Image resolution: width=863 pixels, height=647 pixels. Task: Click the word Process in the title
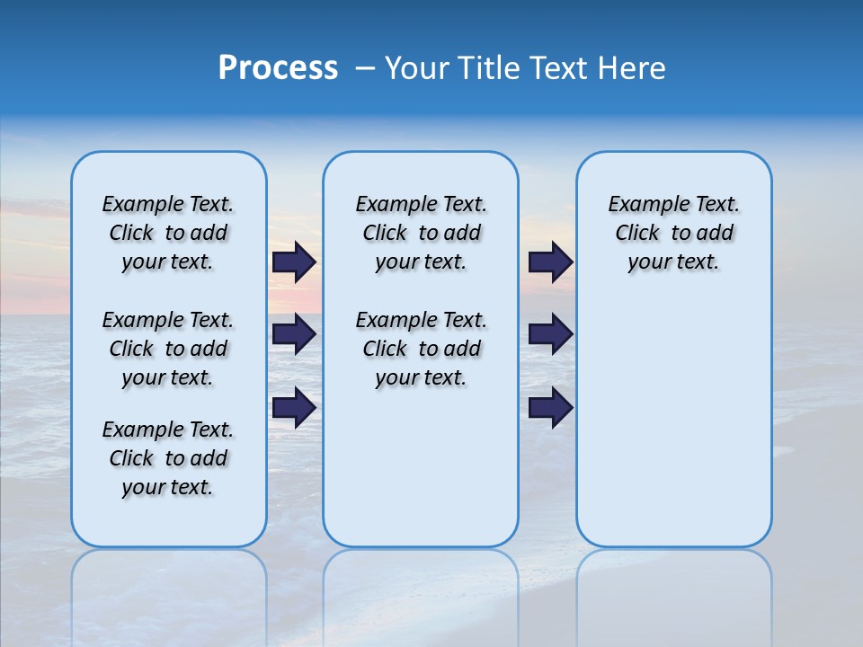click(x=278, y=68)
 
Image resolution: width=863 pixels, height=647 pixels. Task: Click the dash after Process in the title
click(x=365, y=69)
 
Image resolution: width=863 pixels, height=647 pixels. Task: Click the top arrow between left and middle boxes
click(x=294, y=262)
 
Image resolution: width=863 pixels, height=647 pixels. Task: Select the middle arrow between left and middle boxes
click(x=294, y=334)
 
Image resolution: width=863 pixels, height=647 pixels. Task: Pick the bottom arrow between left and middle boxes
click(x=294, y=407)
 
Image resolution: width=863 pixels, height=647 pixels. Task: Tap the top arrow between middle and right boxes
click(x=550, y=262)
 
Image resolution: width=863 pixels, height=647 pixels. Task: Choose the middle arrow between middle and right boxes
click(x=550, y=334)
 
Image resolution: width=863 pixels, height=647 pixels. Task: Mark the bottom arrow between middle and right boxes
click(x=550, y=407)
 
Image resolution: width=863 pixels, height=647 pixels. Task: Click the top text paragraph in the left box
click(x=168, y=233)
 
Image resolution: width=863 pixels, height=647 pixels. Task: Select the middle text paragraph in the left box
click(x=168, y=349)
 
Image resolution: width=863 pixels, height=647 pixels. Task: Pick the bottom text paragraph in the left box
click(x=168, y=458)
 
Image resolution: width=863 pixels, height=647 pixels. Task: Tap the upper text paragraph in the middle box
click(x=421, y=233)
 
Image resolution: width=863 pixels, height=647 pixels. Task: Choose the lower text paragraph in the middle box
click(x=421, y=349)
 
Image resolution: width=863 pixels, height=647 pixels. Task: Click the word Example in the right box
click(x=642, y=205)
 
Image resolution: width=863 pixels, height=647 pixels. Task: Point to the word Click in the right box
click(x=637, y=234)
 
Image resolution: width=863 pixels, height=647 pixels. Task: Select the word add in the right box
click(x=716, y=234)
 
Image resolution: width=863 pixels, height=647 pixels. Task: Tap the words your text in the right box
click(x=673, y=262)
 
